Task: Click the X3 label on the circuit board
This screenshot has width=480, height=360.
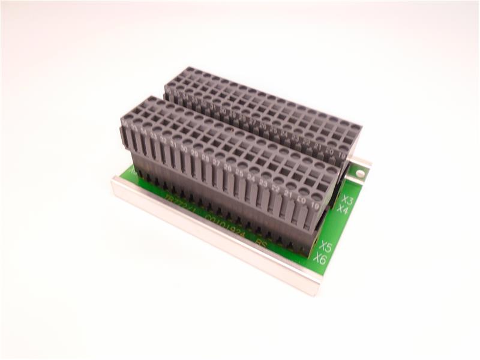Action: (347, 199)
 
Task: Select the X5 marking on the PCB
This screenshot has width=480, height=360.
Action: (325, 246)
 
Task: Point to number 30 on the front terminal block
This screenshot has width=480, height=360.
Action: (184, 148)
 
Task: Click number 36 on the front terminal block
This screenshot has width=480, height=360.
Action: (125, 123)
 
